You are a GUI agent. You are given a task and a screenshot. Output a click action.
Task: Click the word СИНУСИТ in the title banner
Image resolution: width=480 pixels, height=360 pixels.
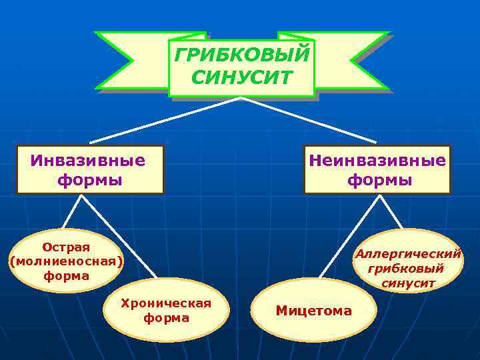click(241, 77)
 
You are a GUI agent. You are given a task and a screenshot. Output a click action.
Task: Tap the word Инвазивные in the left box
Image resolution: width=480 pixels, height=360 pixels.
click(88, 161)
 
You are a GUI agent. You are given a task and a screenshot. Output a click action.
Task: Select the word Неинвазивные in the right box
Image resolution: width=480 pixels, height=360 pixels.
click(377, 161)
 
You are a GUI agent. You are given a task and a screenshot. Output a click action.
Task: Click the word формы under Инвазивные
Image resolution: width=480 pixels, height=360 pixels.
click(90, 180)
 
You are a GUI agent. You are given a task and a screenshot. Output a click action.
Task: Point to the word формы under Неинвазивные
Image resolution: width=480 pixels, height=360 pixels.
click(379, 180)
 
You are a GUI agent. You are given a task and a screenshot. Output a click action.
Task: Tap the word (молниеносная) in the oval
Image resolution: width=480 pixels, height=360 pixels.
click(66, 261)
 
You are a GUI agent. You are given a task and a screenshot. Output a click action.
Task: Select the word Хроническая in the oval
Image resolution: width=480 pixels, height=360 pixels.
click(166, 304)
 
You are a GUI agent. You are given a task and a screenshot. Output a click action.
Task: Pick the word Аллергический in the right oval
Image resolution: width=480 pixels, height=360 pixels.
click(408, 254)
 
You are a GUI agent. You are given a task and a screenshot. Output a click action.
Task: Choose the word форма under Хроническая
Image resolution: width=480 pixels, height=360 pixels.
click(166, 319)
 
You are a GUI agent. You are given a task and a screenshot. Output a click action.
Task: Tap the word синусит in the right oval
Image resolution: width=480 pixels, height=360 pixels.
click(408, 283)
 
